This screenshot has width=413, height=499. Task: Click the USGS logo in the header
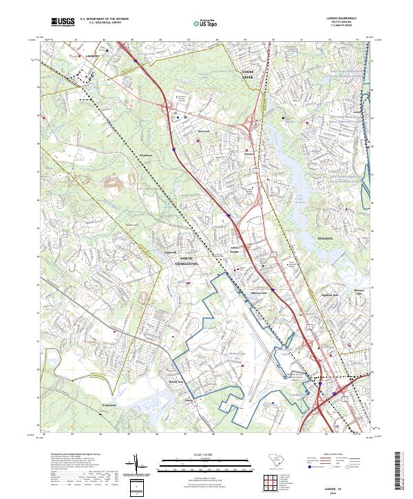coord(63,22)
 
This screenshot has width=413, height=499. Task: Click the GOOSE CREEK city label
coord(248,75)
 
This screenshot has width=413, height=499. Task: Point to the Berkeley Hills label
coord(358,292)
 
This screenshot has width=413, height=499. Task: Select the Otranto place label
coord(249,153)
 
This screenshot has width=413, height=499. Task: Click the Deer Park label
coord(203,130)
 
